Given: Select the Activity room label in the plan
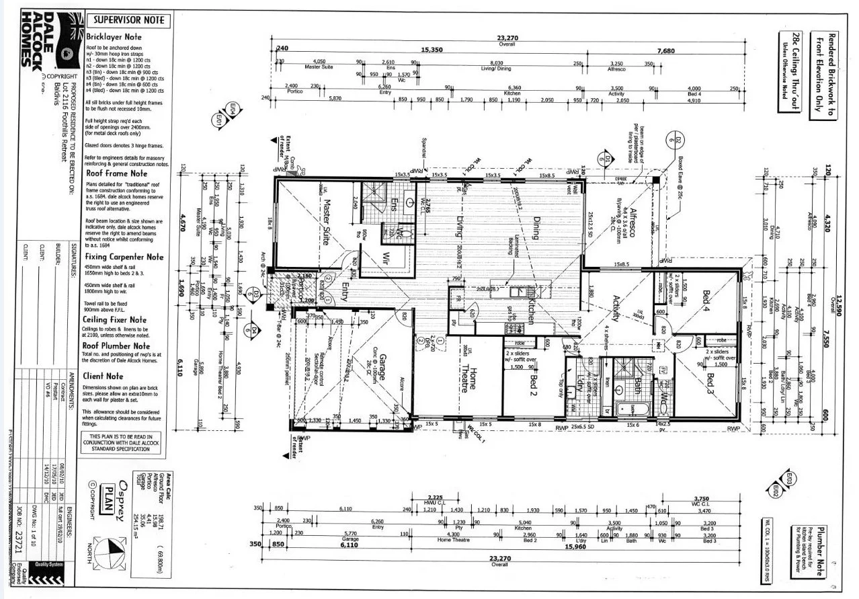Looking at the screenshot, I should [x=614, y=309].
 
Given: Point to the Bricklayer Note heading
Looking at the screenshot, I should [x=114, y=37].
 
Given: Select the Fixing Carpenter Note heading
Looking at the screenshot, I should [x=124, y=257].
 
